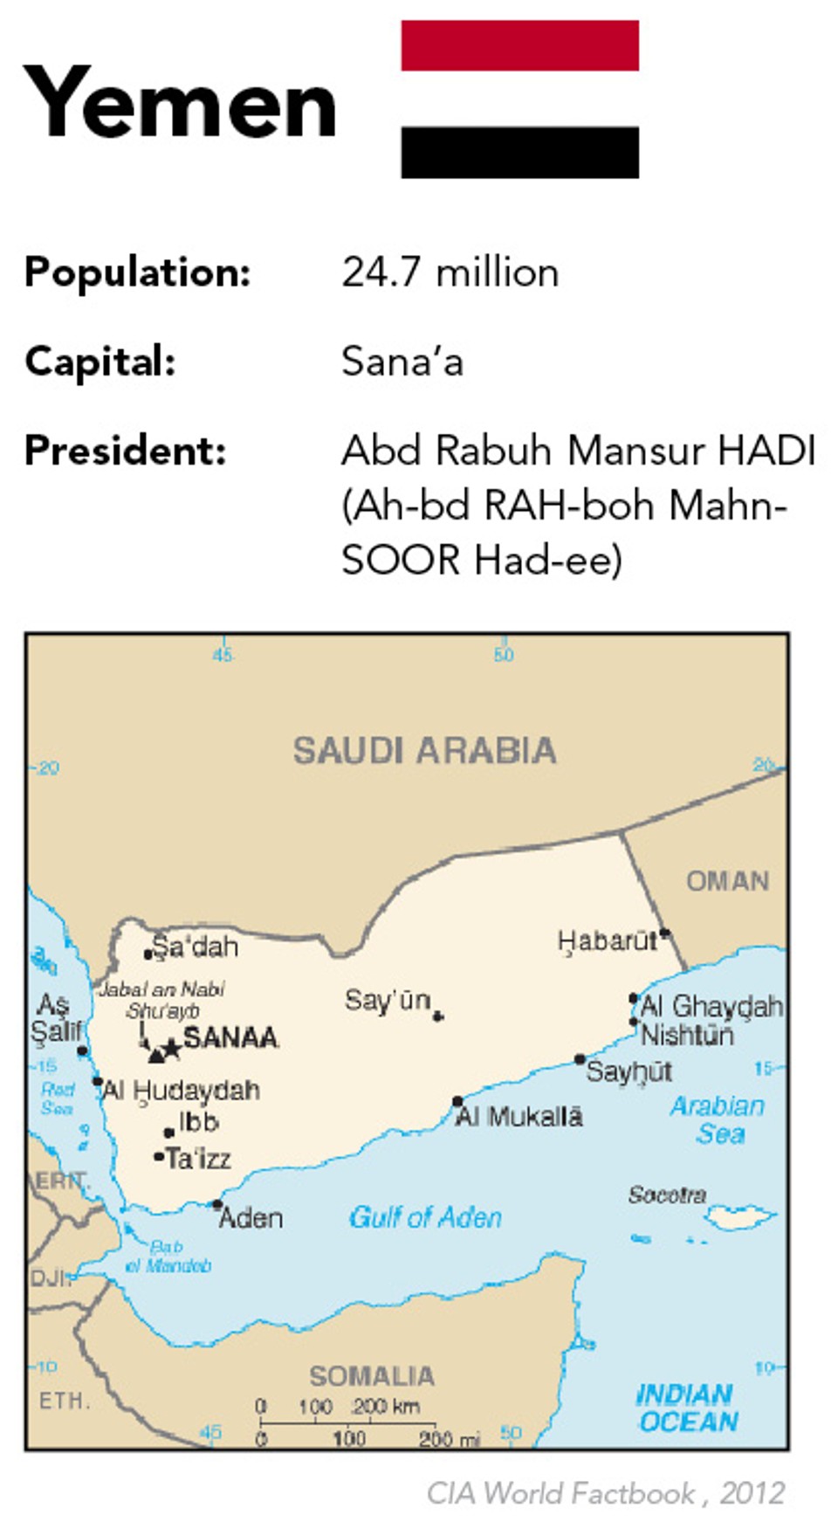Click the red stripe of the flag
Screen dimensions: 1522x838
[519, 45]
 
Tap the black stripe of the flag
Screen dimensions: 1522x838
[519, 152]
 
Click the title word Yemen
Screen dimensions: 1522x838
[180, 103]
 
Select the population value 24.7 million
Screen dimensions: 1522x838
[450, 272]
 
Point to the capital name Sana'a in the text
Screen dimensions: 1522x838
[402, 362]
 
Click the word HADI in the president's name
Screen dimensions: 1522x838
[766, 451]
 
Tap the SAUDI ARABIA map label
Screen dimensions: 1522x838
[424, 751]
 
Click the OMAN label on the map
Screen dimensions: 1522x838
[727, 881]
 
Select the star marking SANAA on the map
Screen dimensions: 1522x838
[172, 1047]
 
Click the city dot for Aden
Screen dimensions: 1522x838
[216, 1204]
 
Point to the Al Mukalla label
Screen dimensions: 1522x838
[519, 1116]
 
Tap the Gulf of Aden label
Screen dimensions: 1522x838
[425, 1216]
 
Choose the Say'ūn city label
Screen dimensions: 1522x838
[388, 1000]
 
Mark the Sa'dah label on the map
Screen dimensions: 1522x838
[195, 946]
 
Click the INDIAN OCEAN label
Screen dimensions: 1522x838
[687, 1408]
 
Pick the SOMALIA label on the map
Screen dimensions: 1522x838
[372, 1376]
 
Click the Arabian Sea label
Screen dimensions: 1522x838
[718, 1119]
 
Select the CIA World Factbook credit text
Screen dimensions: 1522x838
[605, 1492]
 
